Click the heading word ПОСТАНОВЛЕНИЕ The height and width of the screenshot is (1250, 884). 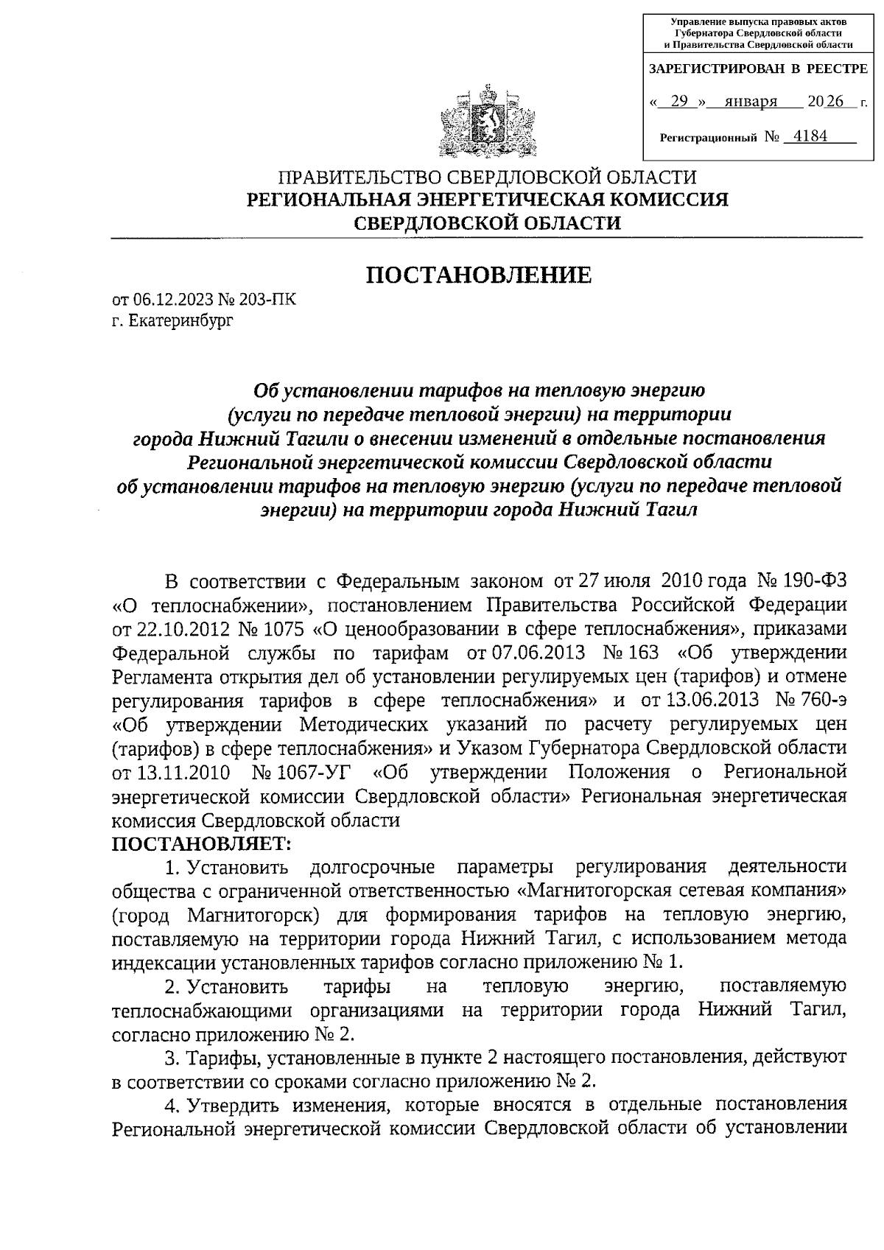[x=479, y=275]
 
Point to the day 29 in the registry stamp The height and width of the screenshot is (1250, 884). [x=678, y=102]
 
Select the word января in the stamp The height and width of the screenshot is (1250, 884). [x=751, y=102]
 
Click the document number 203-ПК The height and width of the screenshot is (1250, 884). [x=271, y=300]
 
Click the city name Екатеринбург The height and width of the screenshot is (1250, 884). [x=180, y=321]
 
